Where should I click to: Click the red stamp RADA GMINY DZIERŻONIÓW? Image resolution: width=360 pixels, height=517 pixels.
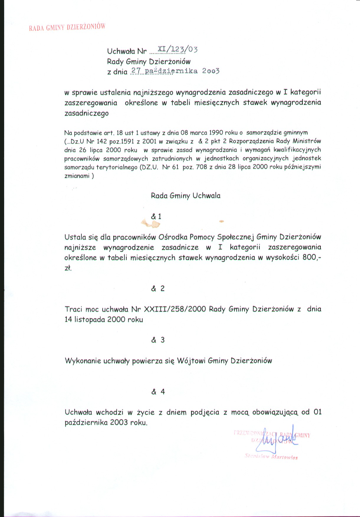click(67, 27)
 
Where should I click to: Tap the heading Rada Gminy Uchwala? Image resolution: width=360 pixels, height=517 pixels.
click(185, 196)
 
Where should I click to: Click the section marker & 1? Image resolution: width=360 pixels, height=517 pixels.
click(156, 217)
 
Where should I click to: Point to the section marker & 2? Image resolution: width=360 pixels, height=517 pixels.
click(158, 289)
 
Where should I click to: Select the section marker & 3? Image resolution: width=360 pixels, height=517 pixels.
click(158, 340)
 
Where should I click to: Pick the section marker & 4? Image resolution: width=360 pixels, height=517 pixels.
click(158, 392)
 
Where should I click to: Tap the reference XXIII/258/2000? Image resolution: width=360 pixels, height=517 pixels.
click(175, 309)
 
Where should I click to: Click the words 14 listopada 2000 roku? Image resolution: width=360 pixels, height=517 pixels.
click(104, 320)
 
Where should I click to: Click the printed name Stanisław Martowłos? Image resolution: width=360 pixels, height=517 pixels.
click(271, 457)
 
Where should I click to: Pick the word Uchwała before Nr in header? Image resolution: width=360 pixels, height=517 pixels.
click(121, 51)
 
